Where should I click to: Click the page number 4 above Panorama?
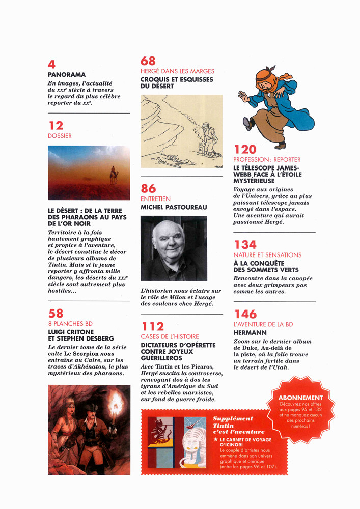[x=51, y=64]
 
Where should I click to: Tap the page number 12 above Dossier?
[x=56, y=125]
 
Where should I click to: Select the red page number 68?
[x=148, y=61]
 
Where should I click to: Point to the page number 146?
[x=245, y=314]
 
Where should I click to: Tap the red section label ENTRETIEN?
[x=155, y=199]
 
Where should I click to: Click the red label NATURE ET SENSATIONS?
[x=267, y=255]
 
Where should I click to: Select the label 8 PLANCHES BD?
[x=70, y=324]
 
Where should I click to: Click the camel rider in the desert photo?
[x=115, y=176]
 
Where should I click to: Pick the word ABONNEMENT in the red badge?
[x=300, y=398]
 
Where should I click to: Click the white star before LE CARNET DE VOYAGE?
[x=216, y=439]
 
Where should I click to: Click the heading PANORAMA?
[x=67, y=74]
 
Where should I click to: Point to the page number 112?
[x=153, y=326]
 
